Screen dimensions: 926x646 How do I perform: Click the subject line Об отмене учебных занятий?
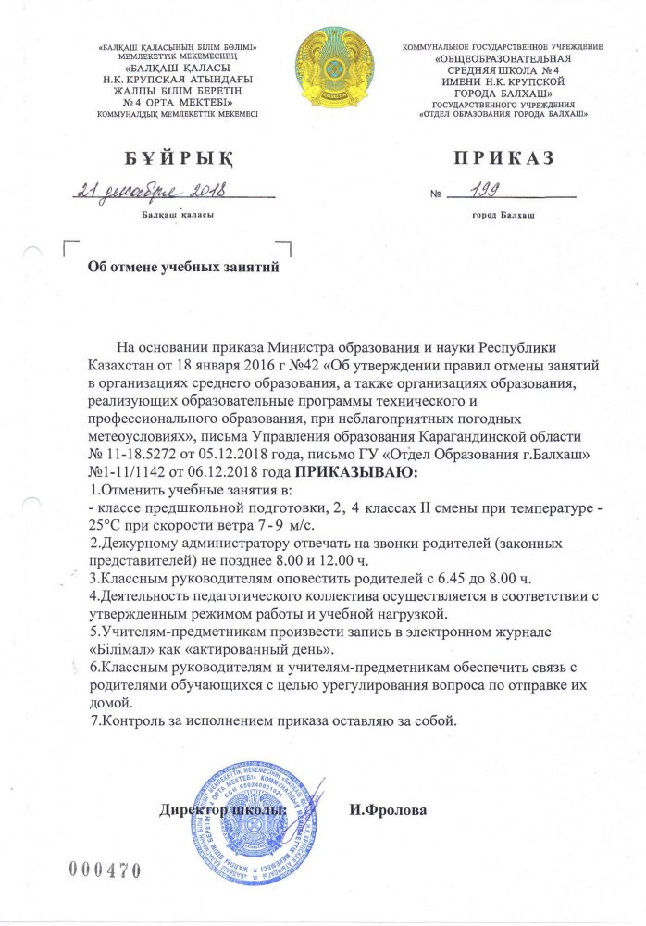(182, 267)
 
